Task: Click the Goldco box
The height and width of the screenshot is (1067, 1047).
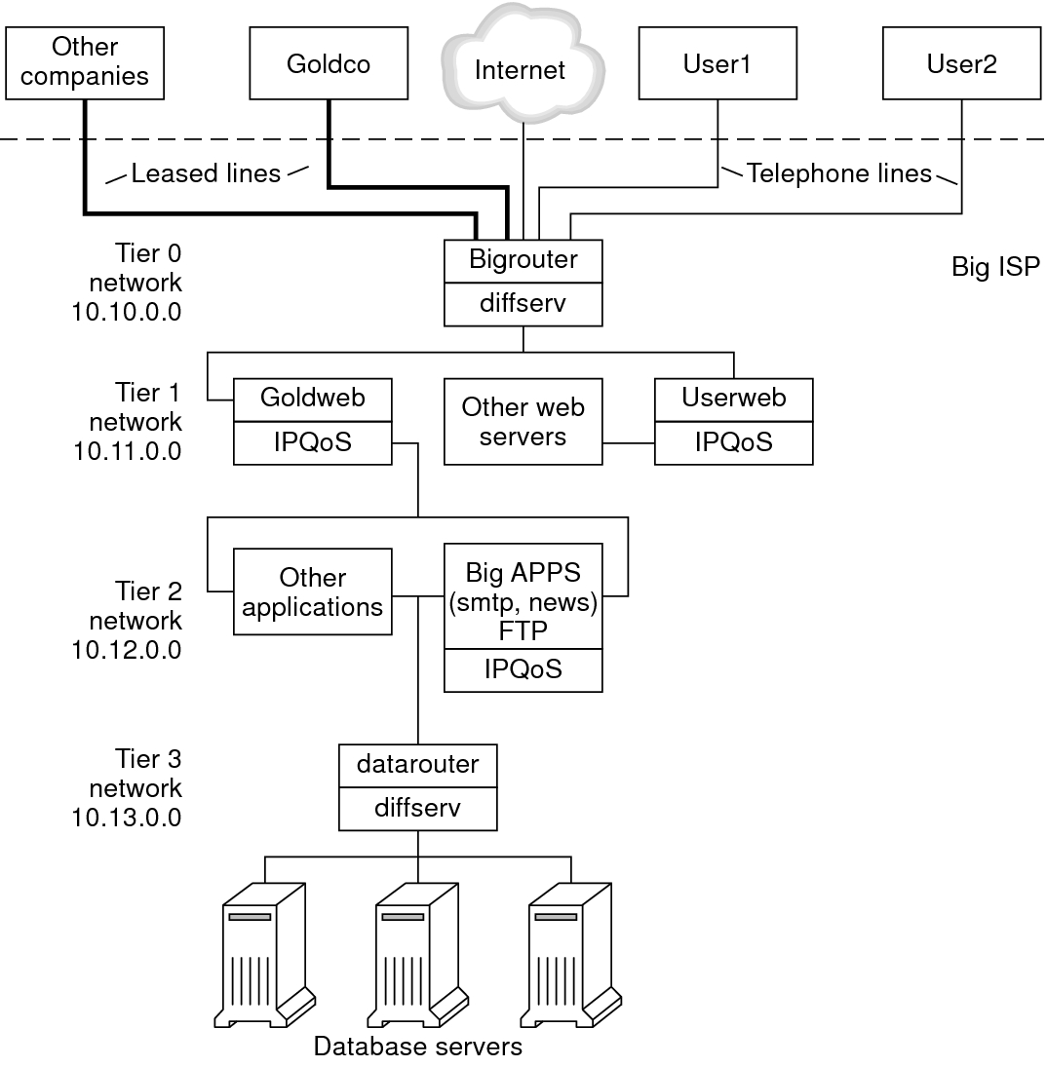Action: click(x=330, y=63)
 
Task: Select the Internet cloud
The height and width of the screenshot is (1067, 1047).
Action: click(x=520, y=69)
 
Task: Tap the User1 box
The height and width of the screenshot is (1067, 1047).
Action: click(x=717, y=63)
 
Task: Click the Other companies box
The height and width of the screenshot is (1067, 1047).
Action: click(x=85, y=61)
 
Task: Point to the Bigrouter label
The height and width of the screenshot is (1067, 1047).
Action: click(x=523, y=260)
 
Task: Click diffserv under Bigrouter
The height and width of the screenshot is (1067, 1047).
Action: click(x=523, y=303)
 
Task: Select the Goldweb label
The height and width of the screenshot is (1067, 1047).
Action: click(x=312, y=398)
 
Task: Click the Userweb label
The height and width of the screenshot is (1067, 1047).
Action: click(x=733, y=398)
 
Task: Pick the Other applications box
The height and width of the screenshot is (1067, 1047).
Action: click(x=312, y=591)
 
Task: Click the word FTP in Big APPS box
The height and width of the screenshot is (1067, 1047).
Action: click(x=523, y=629)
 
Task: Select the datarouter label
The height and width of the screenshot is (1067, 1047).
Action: click(x=417, y=764)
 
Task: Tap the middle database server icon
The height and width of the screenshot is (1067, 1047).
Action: click(x=417, y=954)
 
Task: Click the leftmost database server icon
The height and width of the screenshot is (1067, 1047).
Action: click(x=265, y=954)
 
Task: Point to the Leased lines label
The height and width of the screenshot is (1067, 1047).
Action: click(x=206, y=174)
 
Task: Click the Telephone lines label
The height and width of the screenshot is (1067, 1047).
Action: click(x=839, y=174)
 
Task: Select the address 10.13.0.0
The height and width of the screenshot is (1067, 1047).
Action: click(x=127, y=817)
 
